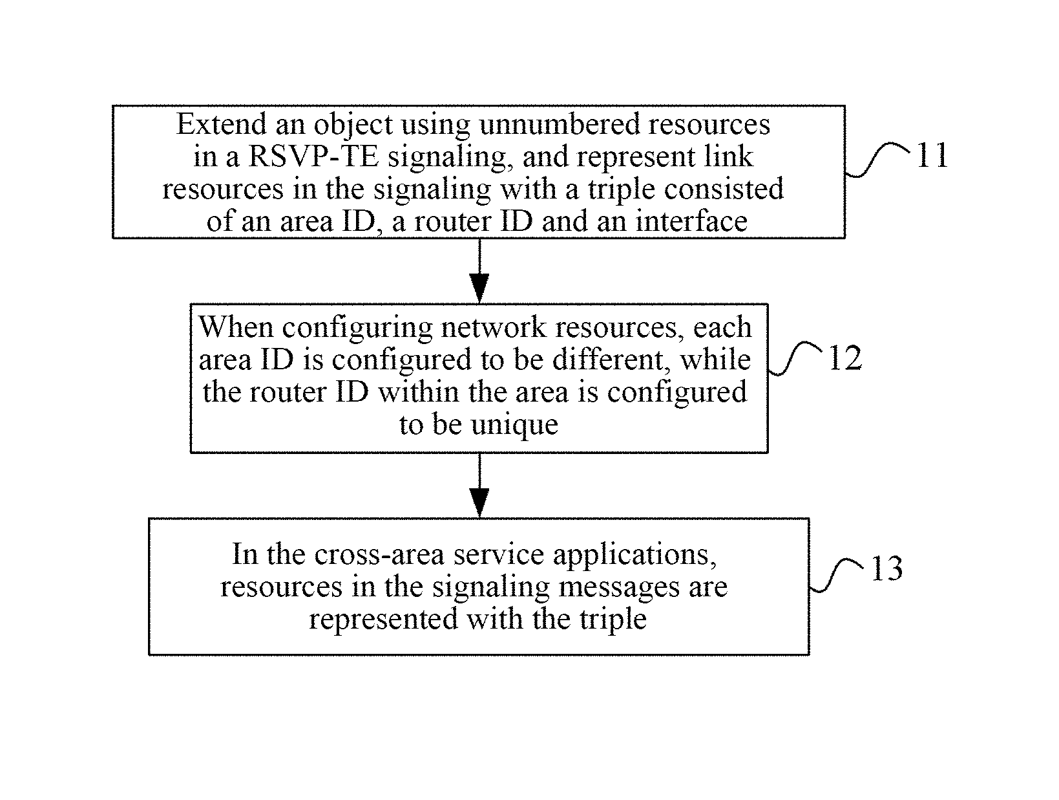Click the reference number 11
932,155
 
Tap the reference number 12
845,358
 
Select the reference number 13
886,568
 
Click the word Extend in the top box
221,124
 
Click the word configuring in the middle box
357,328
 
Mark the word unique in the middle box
514,425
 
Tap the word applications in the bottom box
634,554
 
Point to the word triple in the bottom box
613,620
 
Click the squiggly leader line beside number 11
877,159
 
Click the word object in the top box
353,125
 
